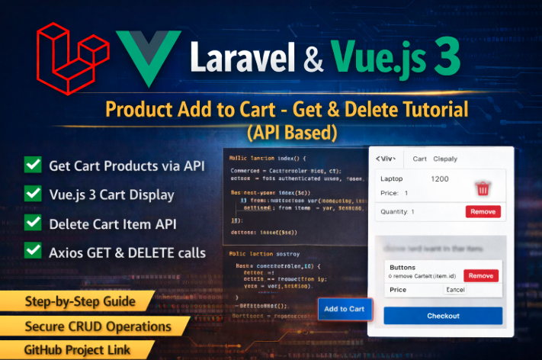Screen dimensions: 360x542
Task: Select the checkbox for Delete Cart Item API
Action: pos(33,222)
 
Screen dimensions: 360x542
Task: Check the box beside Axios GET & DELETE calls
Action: pos(33,250)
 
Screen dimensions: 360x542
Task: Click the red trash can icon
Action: pos(483,188)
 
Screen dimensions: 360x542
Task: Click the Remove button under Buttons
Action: pos(480,275)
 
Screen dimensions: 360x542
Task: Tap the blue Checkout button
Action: pos(443,316)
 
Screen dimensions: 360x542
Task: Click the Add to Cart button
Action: pos(345,309)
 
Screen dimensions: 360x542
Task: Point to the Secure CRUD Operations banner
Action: pos(98,326)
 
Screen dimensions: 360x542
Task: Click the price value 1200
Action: pos(440,178)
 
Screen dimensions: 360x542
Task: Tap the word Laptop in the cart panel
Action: pos(392,178)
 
